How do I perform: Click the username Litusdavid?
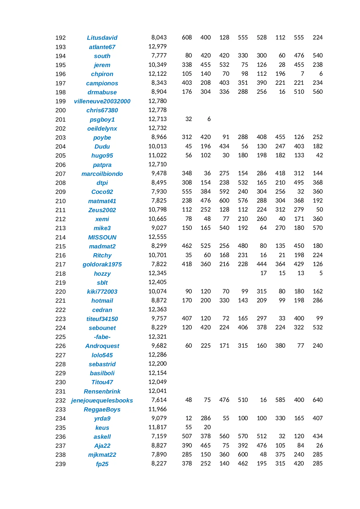(102, 38)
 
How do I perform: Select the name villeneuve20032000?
(102, 101)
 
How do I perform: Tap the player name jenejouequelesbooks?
(102, 400)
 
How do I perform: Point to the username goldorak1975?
(102, 264)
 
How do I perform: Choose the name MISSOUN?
(102, 237)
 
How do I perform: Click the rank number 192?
(60, 38)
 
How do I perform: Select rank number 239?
(60, 464)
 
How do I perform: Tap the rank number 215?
(60, 246)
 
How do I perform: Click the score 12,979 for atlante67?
(158, 46)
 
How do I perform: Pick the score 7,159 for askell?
(159, 436)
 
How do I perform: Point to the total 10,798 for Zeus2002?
(158, 210)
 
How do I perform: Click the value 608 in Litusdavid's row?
(187, 37)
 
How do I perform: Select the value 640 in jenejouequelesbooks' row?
(318, 400)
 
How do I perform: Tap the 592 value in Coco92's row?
(224, 192)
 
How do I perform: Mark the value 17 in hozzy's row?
(263, 273)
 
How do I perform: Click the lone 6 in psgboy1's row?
(209, 119)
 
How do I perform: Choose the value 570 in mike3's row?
(318, 228)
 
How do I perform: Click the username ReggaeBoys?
(102, 409)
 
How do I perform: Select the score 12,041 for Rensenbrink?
(158, 391)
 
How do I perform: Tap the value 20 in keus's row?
(207, 427)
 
